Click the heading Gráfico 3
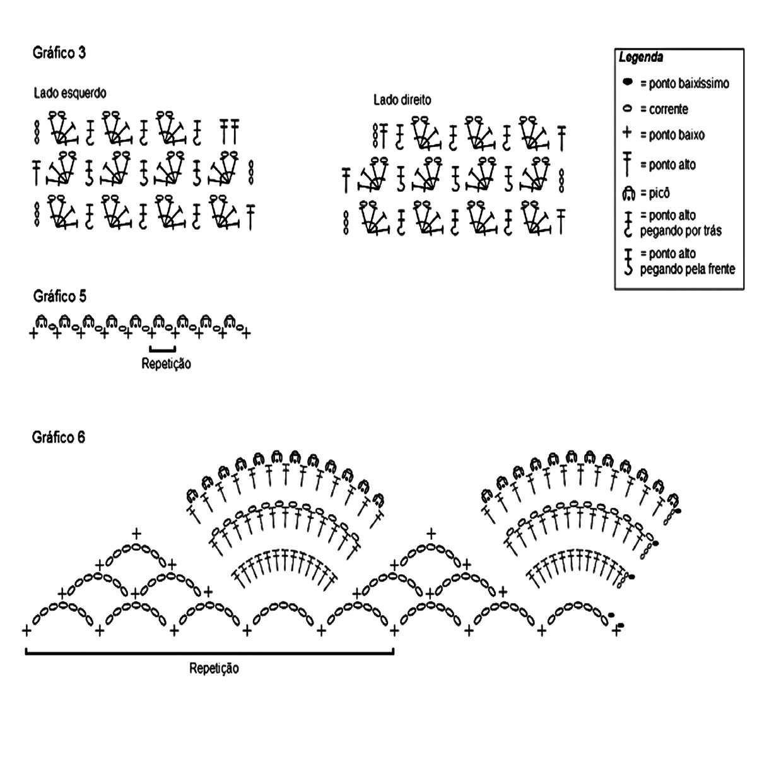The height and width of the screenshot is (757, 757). (x=59, y=54)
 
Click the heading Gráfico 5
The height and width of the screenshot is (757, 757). (x=59, y=296)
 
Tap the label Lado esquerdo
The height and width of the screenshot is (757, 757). (x=70, y=93)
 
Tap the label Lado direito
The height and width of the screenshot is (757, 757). (x=402, y=100)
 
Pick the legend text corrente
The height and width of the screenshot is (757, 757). (x=669, y=109)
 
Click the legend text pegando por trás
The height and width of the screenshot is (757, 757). (x=681, y=230)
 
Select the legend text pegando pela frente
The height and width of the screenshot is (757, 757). (x=688, y=269)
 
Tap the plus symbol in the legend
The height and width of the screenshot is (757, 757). (x=627, y=134)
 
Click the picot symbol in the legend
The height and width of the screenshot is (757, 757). (x=628, y=192)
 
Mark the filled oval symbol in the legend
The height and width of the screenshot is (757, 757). (x=627, y=82)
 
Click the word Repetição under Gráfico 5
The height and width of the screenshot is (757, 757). (x=166, y=363)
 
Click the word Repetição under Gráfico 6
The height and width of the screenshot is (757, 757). (x=214, y=668)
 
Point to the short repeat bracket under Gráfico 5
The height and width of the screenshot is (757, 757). (x=163, y=349)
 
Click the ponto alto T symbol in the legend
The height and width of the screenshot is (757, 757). (x=628, y=164)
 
